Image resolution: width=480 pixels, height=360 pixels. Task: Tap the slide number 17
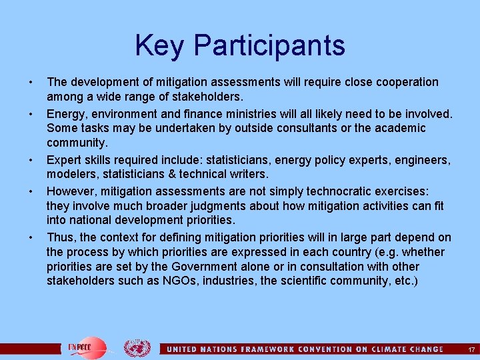point(471,349)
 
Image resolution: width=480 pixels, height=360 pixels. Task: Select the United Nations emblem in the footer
point(137,348)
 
